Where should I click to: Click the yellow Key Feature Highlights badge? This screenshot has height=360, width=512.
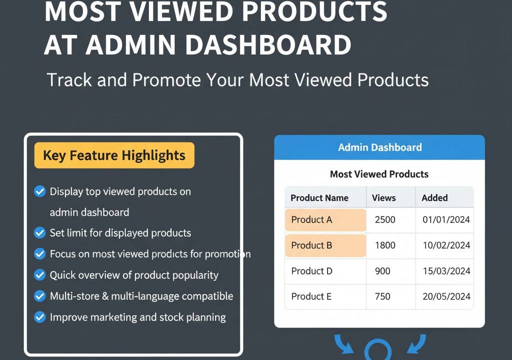[114, 155]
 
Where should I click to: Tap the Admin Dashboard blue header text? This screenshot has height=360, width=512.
[380, 147]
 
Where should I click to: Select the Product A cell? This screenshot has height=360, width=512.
[325, 220]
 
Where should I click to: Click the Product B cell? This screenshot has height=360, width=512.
[325, 245]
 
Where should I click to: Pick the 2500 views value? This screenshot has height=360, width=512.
[385, 219]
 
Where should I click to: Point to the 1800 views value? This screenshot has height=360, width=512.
[385, 245]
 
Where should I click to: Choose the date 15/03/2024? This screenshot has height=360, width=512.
[446, 271]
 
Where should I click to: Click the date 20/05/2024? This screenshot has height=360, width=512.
[446, 296]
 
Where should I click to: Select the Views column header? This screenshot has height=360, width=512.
[383, 198]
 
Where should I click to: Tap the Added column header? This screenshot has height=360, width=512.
[434, 198]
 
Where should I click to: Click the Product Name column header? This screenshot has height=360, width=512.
[319, 198]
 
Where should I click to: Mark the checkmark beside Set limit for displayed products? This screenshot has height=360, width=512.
[40, 233]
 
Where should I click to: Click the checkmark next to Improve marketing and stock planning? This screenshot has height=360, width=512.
[40, 317]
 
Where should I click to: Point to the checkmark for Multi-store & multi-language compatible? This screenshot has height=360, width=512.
[40, 296]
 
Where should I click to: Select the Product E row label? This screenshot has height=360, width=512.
[311, 296]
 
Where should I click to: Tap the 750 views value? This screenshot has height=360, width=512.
[382, 296]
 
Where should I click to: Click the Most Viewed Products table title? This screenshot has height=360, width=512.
[379, 174]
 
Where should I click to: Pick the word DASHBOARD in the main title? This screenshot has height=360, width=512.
[268, 45]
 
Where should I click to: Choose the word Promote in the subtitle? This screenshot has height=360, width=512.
[166, 80]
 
